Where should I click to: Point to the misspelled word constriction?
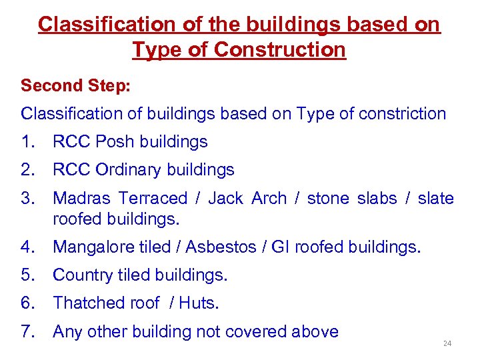[402, 114]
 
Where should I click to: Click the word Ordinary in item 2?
[127, 170]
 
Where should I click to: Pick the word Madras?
[81, 198]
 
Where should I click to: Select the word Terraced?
[153, 198]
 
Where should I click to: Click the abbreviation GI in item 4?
[280, 247]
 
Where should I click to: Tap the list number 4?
[27, 247]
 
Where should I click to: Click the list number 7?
[27, 331]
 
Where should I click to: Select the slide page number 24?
[447, 344]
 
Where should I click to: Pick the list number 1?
[27, 142]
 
